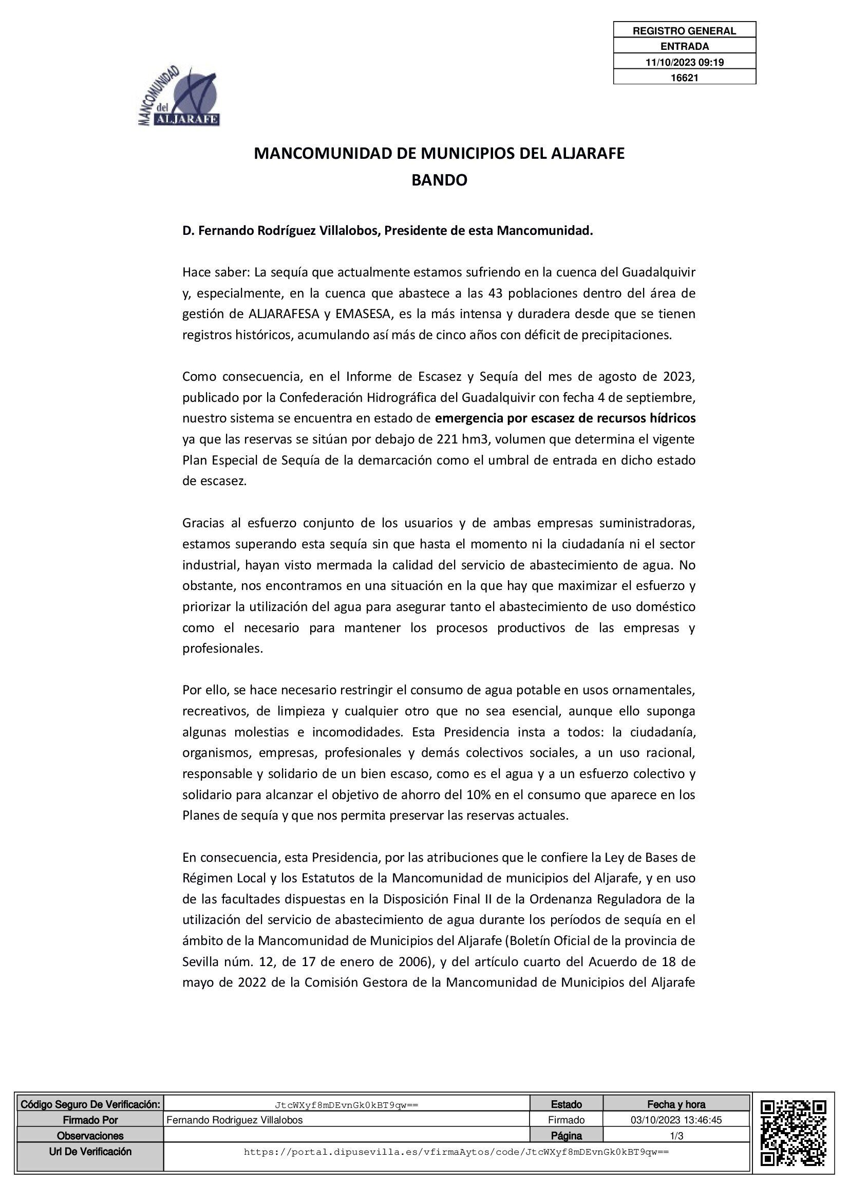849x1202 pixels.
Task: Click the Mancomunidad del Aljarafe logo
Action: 178,97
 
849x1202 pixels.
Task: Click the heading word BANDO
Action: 439,180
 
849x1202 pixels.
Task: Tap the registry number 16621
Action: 684,78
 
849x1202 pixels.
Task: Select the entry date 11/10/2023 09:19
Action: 684,62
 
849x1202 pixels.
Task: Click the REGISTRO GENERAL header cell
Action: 684,31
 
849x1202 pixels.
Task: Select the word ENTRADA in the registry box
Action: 684,47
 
